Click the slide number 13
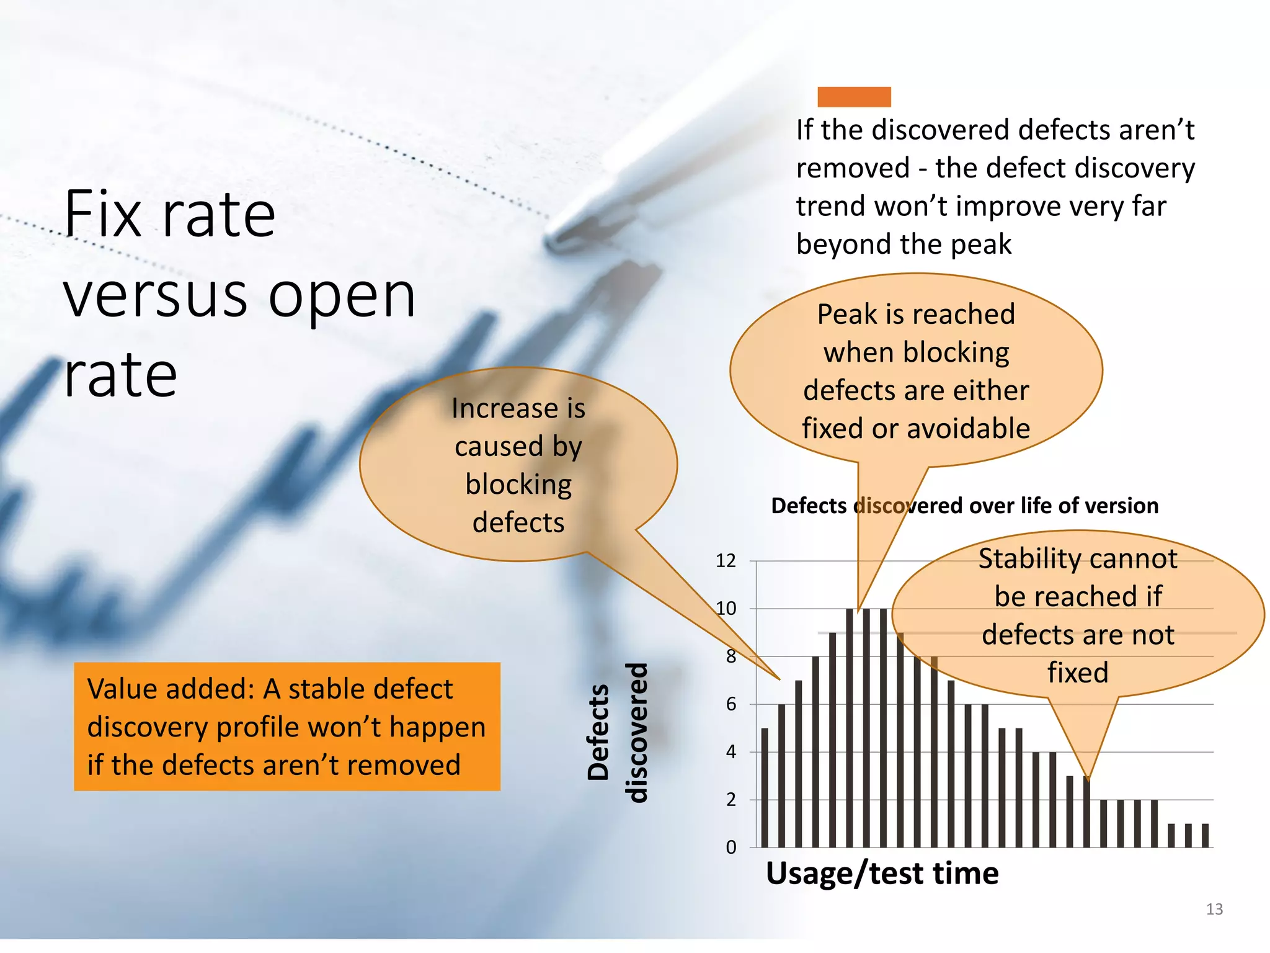click(1214, 910)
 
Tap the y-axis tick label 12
click(726, 561)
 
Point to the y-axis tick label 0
click(731, 848)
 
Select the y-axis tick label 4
click(731, 752)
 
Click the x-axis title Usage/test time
click(882, 874)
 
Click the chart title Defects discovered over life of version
click(964, 506)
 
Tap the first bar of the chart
click(765, 788)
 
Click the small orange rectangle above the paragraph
click(854, 97)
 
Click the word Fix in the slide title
click(104, 215)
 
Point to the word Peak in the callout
click(846, 315)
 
